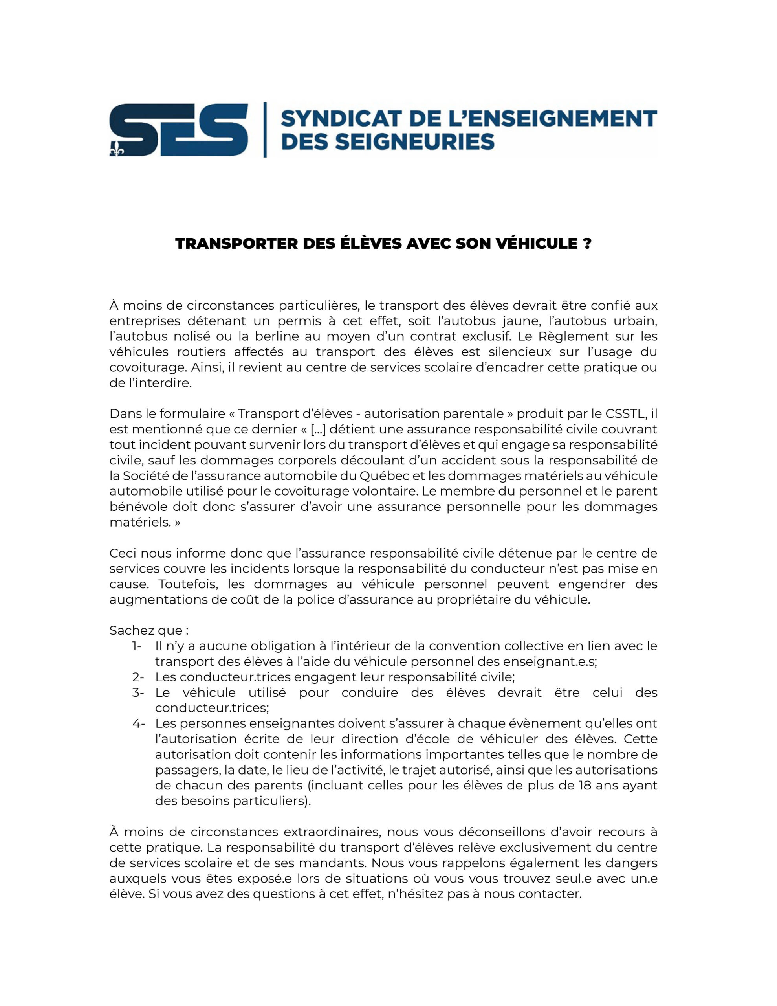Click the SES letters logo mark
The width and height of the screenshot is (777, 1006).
pyautogui.click(x=179, y=130)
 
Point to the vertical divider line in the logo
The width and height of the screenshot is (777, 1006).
pyautogui.click(x=265, y=130)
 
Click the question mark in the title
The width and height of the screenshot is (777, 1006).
pyautogui.click(x=586, y=244)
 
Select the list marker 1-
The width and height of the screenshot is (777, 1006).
pyautogui.click(x=137, y=646)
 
